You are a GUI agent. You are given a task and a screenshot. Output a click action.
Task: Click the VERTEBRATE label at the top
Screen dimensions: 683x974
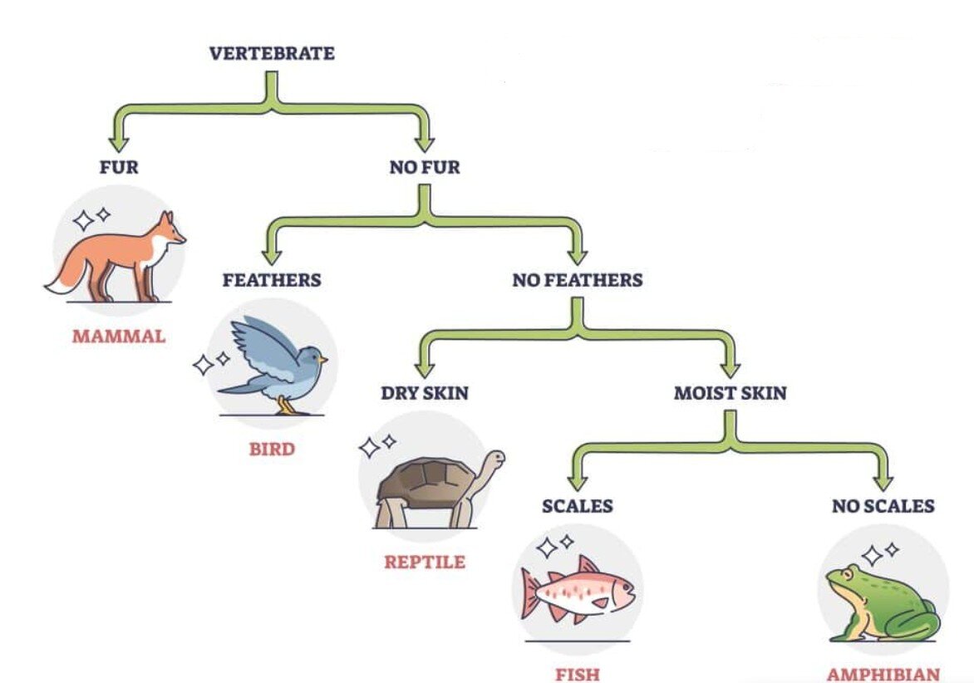[x=272, y=54]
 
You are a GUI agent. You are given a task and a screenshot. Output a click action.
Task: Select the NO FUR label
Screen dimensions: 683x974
[x=424, y=167]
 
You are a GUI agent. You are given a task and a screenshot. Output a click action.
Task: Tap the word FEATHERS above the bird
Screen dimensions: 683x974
[x=271, y=280]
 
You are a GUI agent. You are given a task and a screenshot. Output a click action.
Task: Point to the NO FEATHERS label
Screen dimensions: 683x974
[x=577, y=280]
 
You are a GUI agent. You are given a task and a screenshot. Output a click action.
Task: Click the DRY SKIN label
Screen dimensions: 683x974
[x=425, y=393]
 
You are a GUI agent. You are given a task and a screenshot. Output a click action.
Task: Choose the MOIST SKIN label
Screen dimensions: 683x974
[x=730, y=393]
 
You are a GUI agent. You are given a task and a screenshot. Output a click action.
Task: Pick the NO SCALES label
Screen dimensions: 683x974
[x=883, y=506]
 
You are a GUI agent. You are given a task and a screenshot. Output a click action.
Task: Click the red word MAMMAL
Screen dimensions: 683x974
[x=119, y=337]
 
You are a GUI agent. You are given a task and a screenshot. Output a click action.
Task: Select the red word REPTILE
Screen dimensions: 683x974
[x=425, y=563]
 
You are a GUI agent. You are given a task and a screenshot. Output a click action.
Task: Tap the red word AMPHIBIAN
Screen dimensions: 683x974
[x=883, y=675]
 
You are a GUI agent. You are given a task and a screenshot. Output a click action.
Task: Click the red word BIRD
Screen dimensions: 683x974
[x=272, y=450]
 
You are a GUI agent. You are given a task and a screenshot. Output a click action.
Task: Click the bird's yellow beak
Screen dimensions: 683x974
[x=322, y=360]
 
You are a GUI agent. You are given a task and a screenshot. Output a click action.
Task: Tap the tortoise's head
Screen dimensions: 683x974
[x=495, y=459]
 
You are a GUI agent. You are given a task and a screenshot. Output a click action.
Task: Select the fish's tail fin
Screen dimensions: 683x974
[x=529, y=592]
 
